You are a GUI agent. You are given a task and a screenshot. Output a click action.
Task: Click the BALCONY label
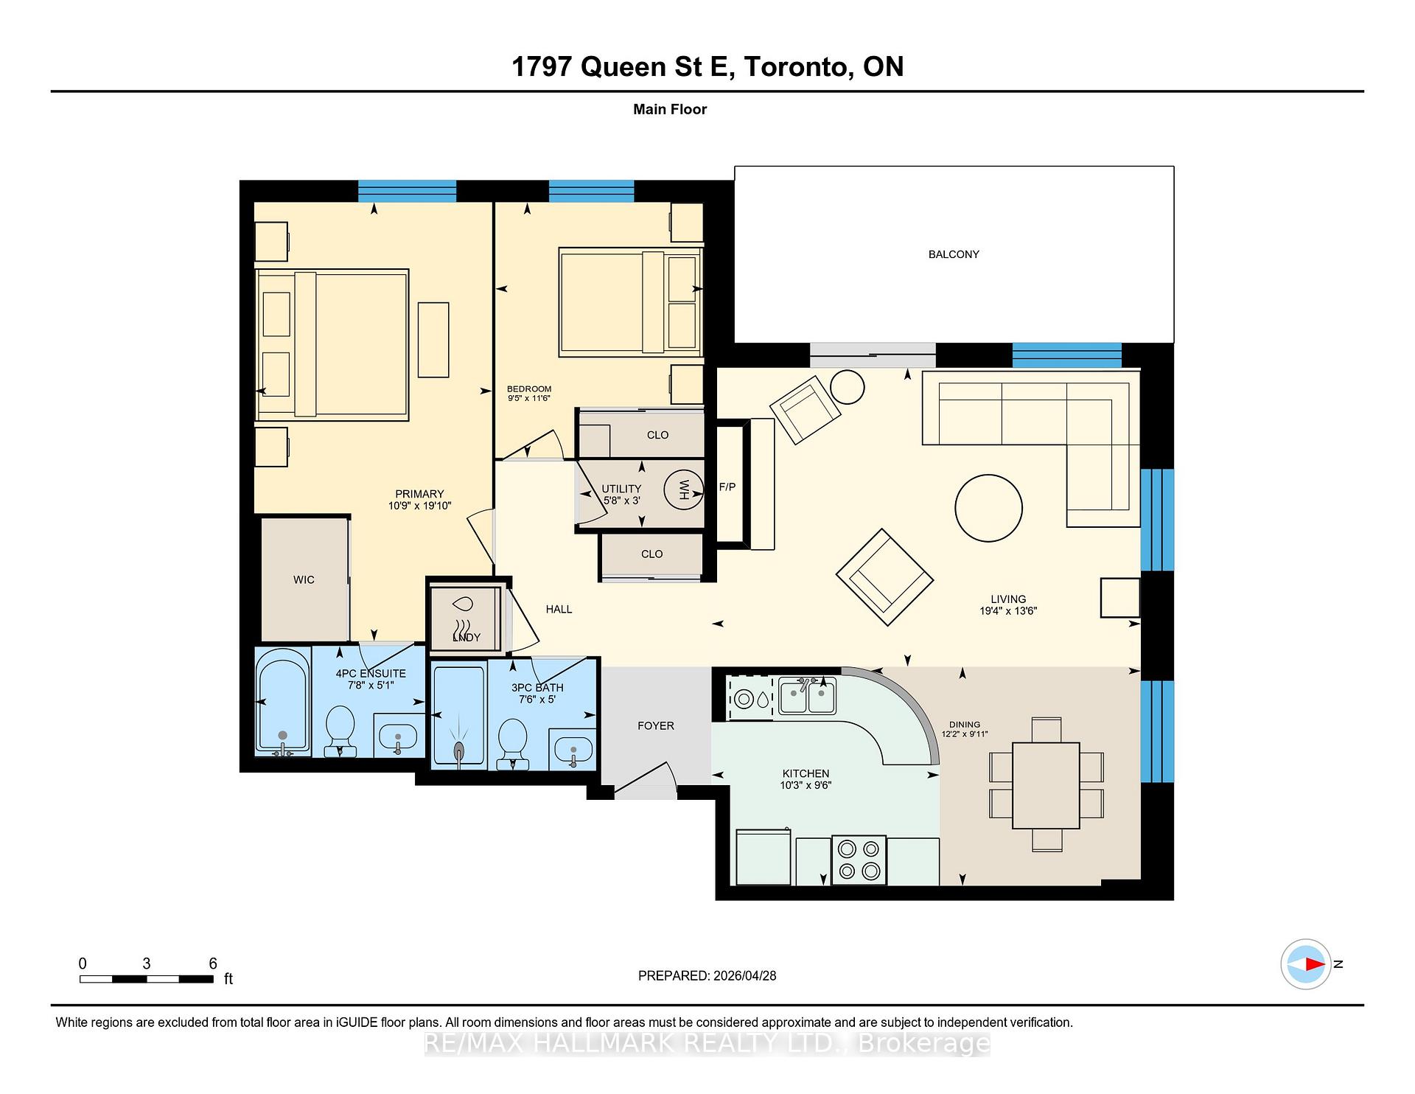[953, 254]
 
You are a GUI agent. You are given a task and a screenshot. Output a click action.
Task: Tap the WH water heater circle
[683, 489]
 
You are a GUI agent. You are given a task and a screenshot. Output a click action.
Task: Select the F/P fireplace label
[727, 487]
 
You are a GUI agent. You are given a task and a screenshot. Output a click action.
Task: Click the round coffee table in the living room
[988, 508]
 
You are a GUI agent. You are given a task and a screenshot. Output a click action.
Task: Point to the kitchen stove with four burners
[859, 860]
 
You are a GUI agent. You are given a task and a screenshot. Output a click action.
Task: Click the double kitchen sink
[807, 697]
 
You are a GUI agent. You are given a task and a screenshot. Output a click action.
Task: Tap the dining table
[1046, 786]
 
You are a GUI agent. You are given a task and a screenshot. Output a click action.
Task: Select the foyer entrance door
[645, 781]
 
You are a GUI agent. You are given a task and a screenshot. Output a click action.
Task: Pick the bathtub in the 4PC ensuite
[282, 702]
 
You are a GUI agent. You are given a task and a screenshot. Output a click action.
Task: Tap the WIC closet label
[304, 580]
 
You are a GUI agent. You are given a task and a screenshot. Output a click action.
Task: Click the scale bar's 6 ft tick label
[213, 964]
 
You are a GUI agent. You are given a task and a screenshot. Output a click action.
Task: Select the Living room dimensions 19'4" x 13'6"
[1007, 611]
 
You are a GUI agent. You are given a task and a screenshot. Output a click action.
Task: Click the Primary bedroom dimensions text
[419, 506]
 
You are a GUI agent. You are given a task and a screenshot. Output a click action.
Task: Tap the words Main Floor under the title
[669, 109]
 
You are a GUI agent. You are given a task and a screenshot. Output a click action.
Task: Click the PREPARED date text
[707, 975]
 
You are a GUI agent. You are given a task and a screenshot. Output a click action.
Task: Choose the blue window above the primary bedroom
[407, 191]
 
